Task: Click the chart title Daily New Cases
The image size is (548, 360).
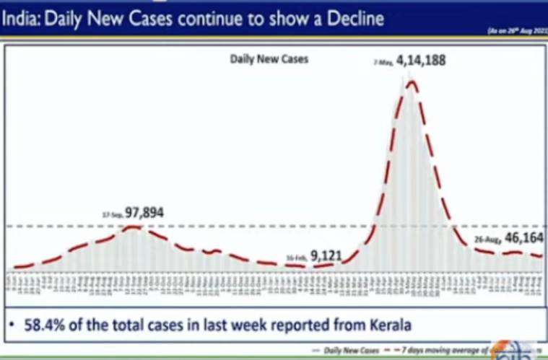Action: click(269, 59)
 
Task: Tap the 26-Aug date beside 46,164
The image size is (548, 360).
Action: click(485, 239)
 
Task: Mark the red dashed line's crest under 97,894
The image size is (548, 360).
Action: click(132, 227)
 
